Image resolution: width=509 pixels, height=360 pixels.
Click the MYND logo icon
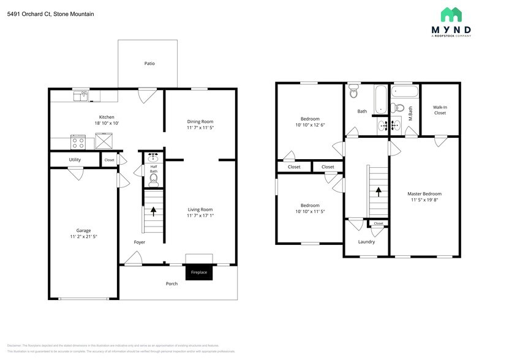[x=451, y=15]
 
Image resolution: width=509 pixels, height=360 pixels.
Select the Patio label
[x=149, y=63]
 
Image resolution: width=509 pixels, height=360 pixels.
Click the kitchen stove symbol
[x=79, y=143]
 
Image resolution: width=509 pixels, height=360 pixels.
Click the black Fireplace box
[x=199, y=272]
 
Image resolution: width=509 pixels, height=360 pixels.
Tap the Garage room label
[x=83, y=230]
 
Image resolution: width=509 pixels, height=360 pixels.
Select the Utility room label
[x=75, y=160]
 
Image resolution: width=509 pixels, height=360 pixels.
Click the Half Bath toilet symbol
[x=154, y=179]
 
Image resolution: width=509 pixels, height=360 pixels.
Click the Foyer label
[x=140, y=242]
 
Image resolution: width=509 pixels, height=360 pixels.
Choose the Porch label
[x=172, y=283]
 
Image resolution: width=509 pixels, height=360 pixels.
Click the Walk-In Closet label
[x=440, y=110]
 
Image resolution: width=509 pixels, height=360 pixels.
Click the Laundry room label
[x=366, y=241]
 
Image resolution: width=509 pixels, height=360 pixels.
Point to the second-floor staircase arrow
[x=379, y=191]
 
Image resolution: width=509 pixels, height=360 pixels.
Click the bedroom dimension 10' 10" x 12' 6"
[x=309, y=125]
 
